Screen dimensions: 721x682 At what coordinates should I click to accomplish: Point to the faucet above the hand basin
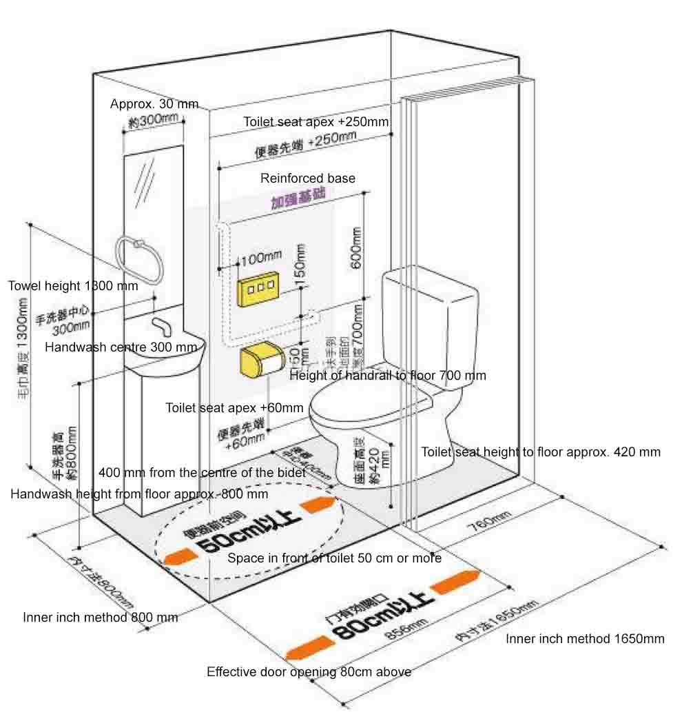coord(162,324)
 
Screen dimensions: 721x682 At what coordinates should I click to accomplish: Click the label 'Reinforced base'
coord(308,179)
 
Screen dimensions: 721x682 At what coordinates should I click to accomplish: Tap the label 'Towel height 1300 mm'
coord(73,285)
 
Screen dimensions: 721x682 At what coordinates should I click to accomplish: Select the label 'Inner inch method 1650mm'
coord(585,639)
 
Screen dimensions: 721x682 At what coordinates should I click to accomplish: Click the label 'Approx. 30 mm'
coord(154,104)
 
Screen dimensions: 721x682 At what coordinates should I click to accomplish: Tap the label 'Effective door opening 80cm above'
coord(309,672)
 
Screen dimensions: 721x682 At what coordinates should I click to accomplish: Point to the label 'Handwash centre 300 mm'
coord(121,347)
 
